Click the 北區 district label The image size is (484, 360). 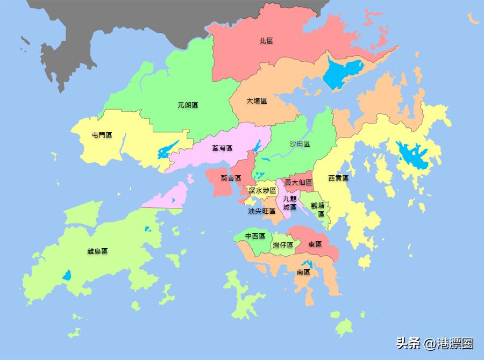pyautogui.click(x=266, y=40)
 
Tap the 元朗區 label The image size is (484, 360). pyautogui.click(x=188, y=105)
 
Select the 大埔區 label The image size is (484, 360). pyautogui.click(x=257, y=101)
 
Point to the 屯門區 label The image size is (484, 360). pyautogui.click(x=102, y=135)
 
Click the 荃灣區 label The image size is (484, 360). pyautogui.click(x=222, y=148)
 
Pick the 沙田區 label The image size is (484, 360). pyautogui.click(x=300, y=143)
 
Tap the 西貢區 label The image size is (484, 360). pyautogui.click(x=338, y=178)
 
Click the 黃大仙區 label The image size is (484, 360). pyautogui.click(x=298, y=183)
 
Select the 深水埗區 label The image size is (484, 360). pyautogui.click(x=262, y=190)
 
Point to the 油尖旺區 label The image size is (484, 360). pyautogui.click(x=262, y=211)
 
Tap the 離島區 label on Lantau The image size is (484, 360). pyautogui.click(x=97, y=251)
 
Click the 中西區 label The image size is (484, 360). pyautogui.click(x=255, y=236)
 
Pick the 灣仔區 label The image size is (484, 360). pyautogui.click(x=283, y=245)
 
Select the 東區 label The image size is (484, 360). pyautogui.click(x=315, y=244)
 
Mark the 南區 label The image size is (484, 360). pyautogui.click(x=303, y=272)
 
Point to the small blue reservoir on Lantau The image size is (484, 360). pyautogui.click(x=67, y=275)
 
